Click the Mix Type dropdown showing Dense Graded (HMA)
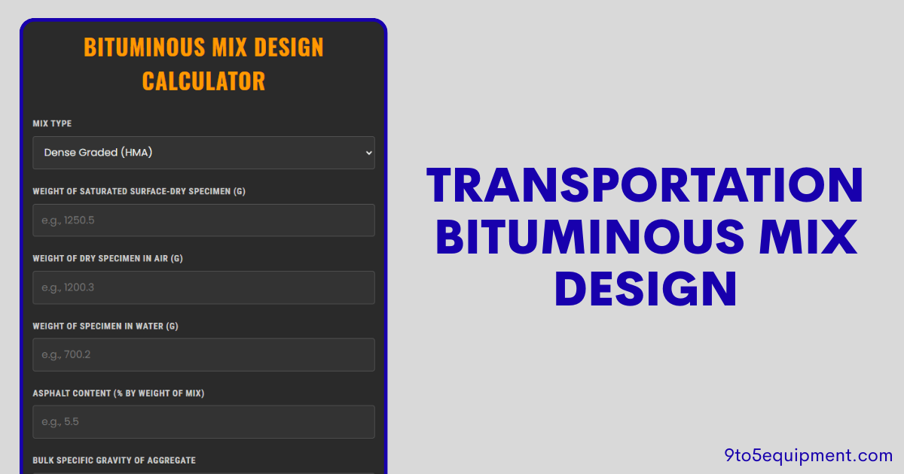203,153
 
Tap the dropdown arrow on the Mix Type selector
368,153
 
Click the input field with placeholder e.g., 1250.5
203,220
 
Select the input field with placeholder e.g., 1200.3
203,287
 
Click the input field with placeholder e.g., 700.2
203,354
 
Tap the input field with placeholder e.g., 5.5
203,422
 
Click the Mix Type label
52,123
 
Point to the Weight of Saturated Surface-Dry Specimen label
139,191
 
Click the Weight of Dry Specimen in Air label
108,259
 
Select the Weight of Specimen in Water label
105,327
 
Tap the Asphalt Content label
118,393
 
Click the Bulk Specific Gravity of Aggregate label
114,460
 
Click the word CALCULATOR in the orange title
203,81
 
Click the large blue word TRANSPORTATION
645,186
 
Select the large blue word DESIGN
645,287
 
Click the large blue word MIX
805,236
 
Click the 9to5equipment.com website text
808,455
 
